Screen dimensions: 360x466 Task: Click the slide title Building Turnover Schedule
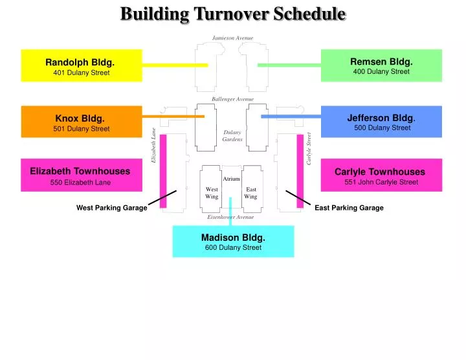pyautogui.click(x=233, y=14)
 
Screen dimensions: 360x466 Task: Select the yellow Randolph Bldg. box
pyautogui.click(x=82, y=65)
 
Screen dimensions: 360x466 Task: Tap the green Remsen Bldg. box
pyautogui.click(x=381, y=65)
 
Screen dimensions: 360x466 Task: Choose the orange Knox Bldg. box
pyautogui.click(x=82, y=122)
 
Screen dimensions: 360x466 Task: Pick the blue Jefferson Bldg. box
pyautogui.click(x=381, y=122)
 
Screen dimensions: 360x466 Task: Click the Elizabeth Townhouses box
pyautogui.click(x=82, y=175)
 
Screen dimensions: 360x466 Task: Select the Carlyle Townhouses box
pyautogui.click(x=381, y=175)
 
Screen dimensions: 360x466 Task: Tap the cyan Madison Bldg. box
pyautogui.click(x=233, y=242)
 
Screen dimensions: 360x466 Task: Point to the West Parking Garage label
pyautogui.click(x=111, y=208)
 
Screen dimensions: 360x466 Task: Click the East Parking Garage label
pyautogui.click(x=349, y=208)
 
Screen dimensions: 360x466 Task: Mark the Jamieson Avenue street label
pyautogui.click(x=232, y=38)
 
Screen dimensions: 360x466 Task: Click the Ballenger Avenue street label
pyautogui.click(x=232, y=99)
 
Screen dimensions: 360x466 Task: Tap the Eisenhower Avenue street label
pyautogui.click(x=230, y=217)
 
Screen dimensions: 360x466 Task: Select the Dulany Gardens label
pyautogui.click(x=232, y=136)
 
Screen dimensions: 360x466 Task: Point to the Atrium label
pyautogui.click(x=231, y=179)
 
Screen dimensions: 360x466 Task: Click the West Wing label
pyautogui.click(x=212, y=193)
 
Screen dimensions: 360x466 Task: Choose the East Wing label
pyautogui.click(x=250, y=193)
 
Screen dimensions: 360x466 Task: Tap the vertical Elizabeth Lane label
pyautogui.click(x=154, y=145)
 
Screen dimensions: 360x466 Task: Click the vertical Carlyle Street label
pyautogui.click(x=309, y=148)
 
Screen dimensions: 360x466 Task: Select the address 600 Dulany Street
pyautogui.click(x=233, y=247)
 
